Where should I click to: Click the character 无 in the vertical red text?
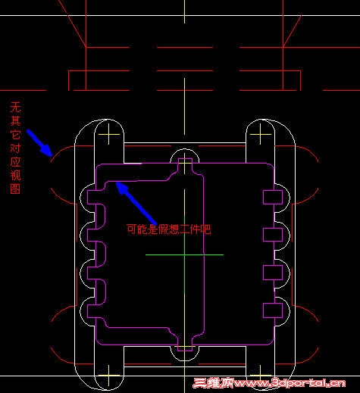point(15,108)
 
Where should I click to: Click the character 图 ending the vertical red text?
point(15,189)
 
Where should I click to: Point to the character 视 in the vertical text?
point(15,175)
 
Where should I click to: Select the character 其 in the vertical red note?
point(15,121)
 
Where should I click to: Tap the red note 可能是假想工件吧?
point(168,229)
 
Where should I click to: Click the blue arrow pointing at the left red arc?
point(39,142)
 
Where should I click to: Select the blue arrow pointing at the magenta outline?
point(136,203)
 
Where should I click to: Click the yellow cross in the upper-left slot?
point(109,134)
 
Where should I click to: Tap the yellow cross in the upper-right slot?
point(261,134)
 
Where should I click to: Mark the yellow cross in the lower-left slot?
point(109,376)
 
